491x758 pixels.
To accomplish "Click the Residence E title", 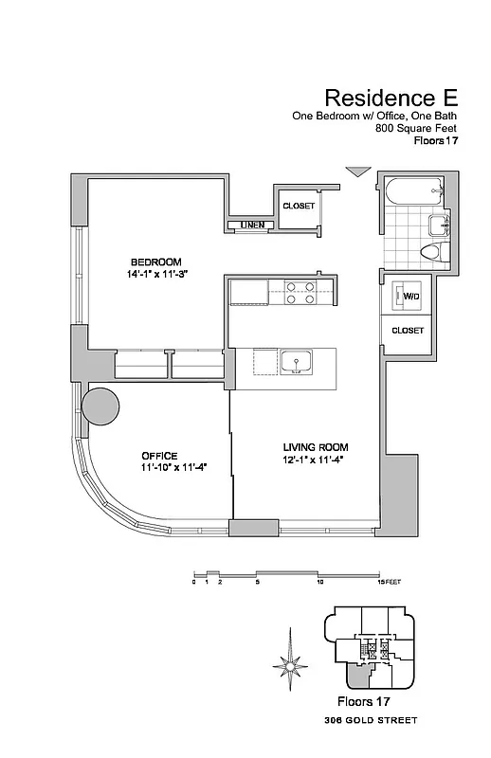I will pos(391,97).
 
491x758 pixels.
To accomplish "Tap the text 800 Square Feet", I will pos(416,128).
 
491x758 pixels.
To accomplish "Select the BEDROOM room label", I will pos(155,262).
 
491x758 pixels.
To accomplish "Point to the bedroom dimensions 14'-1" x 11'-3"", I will pos(155,275).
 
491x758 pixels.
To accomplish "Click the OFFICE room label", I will pos(159,456).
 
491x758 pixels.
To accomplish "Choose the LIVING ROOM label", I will pos(316,446).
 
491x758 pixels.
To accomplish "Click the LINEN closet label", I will pos(251,226).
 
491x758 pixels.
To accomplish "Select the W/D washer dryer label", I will pos(411,297).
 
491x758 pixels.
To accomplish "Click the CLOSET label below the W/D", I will pos(407,331).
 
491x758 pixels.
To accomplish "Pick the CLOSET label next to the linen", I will pos(298,206).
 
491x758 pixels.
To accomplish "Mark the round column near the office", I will pos(101,406).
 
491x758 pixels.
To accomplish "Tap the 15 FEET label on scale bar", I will pos(389,582).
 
